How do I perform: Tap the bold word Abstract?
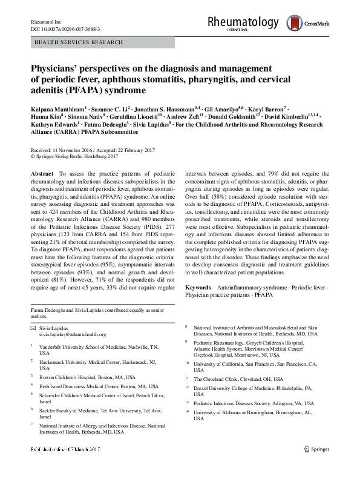coord(41,173)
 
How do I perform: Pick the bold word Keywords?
coord(197,286)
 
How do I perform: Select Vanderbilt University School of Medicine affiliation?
coord(98,347)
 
